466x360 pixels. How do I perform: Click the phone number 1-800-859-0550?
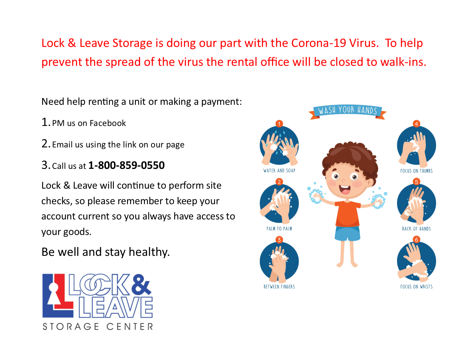point(126,165)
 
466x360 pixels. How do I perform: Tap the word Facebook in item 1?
point(108,123)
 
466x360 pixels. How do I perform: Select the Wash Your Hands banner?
point(347,112)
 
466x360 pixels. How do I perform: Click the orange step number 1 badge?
point(279,124)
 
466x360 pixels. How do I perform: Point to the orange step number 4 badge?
point(416,124)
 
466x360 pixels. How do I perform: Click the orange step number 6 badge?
point(416,239)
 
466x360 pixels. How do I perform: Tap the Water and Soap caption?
point(279,171)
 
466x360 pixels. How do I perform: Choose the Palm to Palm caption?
point(279,228)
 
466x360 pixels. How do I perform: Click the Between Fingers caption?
point(279,287)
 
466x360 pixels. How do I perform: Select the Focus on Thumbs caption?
point(417,171)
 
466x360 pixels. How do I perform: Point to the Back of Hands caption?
point(417,229)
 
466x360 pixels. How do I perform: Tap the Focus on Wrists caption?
point(417,287)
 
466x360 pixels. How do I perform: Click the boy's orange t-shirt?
point(347,213)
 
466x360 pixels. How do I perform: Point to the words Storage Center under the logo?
point(98,327)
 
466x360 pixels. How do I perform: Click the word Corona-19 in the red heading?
point(319,43)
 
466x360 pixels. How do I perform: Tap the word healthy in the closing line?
point(149,252)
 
